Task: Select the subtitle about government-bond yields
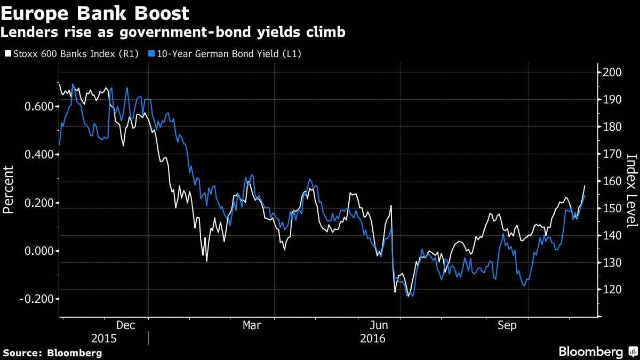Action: (173, 32)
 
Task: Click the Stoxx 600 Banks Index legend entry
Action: (71, 53)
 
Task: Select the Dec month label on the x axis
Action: (126, 325)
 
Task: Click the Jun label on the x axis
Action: (379, 325)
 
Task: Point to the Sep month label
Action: (507, 325)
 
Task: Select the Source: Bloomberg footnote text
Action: (52, 353)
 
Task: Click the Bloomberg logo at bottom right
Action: (597, 351)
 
